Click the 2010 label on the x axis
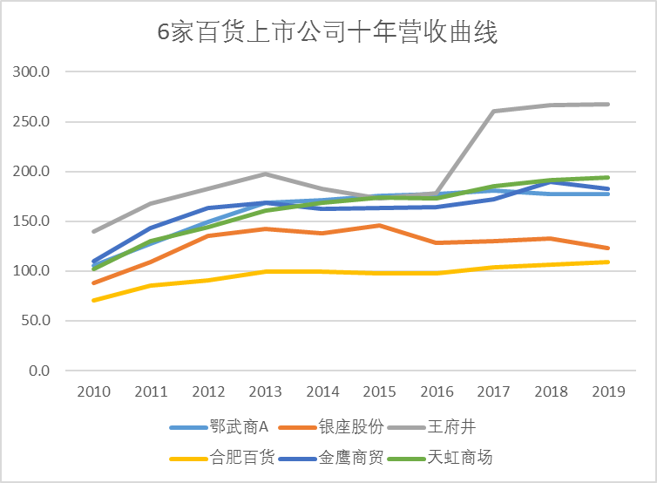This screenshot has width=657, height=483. [93, 391]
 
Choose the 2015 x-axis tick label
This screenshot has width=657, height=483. [379, 391]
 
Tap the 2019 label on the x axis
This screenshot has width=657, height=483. [607, 391]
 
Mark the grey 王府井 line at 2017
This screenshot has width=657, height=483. [493, 112]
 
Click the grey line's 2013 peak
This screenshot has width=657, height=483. [265, 174]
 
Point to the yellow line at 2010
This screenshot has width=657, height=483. [93, 300]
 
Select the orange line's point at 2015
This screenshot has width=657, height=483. [379, 226]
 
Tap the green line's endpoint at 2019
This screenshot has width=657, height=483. [607, 178]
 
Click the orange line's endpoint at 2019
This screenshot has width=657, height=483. [607, 248]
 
